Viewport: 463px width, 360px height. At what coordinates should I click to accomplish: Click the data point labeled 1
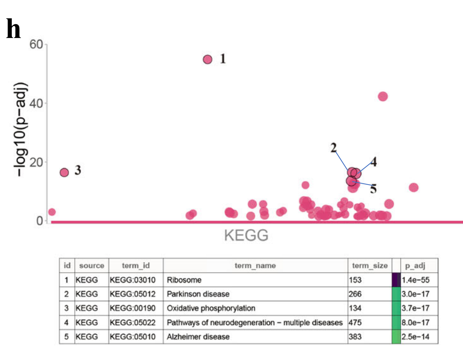coord(207,60)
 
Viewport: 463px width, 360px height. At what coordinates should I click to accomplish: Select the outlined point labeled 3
coord(64,172)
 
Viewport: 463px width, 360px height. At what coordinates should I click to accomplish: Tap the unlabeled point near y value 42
coord(383,97)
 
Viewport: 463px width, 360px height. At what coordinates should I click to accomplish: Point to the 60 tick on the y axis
coord(36,44)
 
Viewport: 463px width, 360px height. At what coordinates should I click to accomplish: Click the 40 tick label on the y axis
coord(36,103)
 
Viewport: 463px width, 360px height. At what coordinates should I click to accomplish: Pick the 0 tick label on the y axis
coord(40,221)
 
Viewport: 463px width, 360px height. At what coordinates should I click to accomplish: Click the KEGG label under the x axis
coord(246,236)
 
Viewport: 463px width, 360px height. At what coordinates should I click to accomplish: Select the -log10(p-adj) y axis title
coord(21,129)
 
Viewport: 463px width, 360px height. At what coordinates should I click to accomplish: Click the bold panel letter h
coord(14,29)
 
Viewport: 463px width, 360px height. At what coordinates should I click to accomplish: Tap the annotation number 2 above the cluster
coord(334,147)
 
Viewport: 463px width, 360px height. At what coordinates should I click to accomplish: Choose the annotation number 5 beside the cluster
coord(373,189)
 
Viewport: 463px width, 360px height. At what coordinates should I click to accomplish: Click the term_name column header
coord(255,266)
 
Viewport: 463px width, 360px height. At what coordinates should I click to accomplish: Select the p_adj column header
coord(415,266)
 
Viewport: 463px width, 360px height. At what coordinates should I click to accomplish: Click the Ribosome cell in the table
coord(184,280)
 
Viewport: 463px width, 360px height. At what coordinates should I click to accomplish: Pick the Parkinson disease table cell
coord(198,294)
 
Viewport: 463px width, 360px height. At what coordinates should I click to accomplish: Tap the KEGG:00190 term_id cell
coord(133,308)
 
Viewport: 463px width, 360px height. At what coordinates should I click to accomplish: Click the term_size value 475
coord(355,323)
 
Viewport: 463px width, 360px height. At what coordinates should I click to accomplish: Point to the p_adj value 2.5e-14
coord(415,337)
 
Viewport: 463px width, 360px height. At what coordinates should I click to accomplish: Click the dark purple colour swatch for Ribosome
coord(396,280)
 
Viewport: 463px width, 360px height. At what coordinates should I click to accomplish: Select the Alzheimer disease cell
coord(198,337)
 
